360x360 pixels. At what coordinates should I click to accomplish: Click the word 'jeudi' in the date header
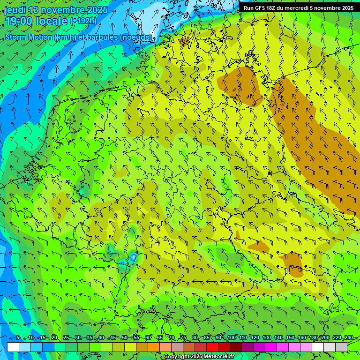point(15,10)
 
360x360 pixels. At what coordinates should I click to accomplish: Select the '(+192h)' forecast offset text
point(83,21)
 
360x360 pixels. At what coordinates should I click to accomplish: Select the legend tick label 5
point(17,338)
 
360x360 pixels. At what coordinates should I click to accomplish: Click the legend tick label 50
point(124,338)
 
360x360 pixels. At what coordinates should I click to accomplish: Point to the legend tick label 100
point(231,338)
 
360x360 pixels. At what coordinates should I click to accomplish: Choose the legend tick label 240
point(349,338)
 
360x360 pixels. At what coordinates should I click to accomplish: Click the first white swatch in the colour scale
point(13,347)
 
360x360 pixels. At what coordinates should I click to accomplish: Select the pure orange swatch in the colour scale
point(154,347)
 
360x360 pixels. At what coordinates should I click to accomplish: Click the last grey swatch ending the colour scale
point(341,347)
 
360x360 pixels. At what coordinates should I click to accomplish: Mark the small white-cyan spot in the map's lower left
point(134,257)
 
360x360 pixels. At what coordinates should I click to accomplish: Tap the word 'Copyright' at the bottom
point(177,357)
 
